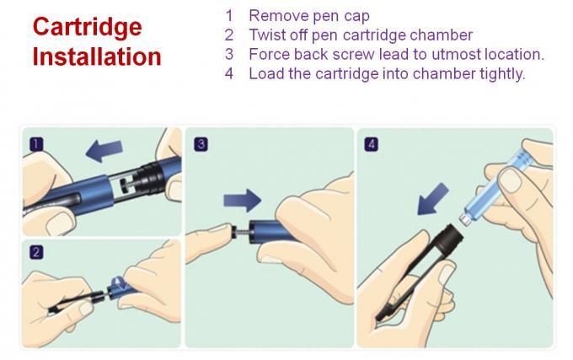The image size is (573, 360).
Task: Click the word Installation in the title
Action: (x=96, y=56)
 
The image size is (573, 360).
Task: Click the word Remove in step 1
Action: (x=275, y=15)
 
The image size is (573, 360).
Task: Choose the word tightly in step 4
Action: (x=500, y=73)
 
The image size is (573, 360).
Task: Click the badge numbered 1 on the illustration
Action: (x=35, y=145)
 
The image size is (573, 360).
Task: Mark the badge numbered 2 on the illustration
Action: (x=35, y=252)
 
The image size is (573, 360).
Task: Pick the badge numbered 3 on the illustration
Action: (x=201, y=145)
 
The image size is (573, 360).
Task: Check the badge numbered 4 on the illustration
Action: (x=372, y=145)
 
